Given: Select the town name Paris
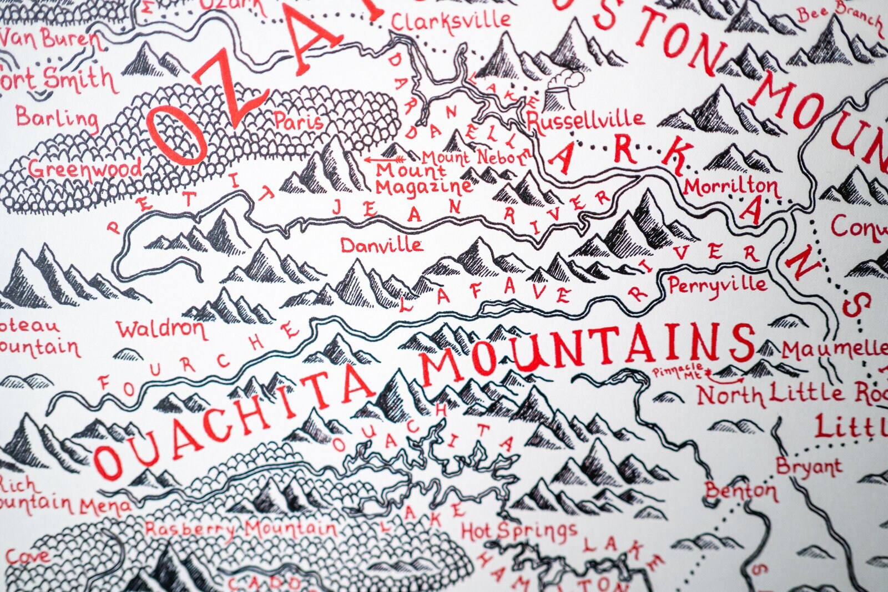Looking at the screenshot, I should tap(299, 121).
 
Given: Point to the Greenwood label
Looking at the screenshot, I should tap(85, 168).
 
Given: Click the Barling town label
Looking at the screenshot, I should tap(57, 118).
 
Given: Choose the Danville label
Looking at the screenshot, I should tap(381, 245).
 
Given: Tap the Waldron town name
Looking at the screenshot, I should tap(162, 330).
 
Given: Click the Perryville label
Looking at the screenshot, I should tap(718, 285).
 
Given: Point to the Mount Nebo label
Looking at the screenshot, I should tap(475, 158).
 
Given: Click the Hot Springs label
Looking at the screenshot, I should tap(519, 532).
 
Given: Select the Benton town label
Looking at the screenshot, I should tap(741, 491).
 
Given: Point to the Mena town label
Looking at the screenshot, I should tap(106, 505).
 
